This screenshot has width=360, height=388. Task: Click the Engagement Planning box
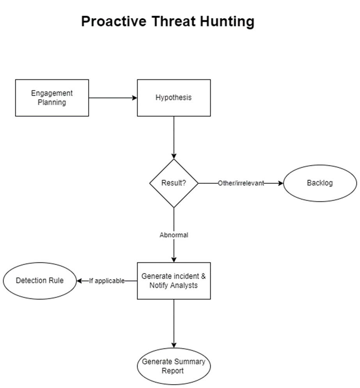click(x=52, y=98)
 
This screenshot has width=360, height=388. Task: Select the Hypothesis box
click(x=174, y=98)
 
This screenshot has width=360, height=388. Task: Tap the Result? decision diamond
click(x=174, y=183)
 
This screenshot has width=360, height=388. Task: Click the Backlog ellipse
click(x=319, y=183)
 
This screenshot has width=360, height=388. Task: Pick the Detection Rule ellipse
click(x=40, y=281)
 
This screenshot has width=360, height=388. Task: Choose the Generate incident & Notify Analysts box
click(x=174, y=281)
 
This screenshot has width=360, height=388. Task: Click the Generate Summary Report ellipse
click(x=174, y=366)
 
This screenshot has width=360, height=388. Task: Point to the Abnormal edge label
click(x=174, y=235)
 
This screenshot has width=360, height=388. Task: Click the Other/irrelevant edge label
click(x=241, y=183)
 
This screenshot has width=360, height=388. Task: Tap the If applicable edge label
click(x=106, y=281)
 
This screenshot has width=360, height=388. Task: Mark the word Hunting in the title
click(x=227, y=21)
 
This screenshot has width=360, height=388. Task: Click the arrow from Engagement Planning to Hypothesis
click(x=113, y=98)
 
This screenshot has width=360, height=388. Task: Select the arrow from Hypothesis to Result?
click(x=174, y=137)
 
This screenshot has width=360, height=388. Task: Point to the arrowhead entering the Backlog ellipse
click(x=280, y=183)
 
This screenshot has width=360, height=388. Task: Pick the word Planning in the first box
click(x=52, y=102)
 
